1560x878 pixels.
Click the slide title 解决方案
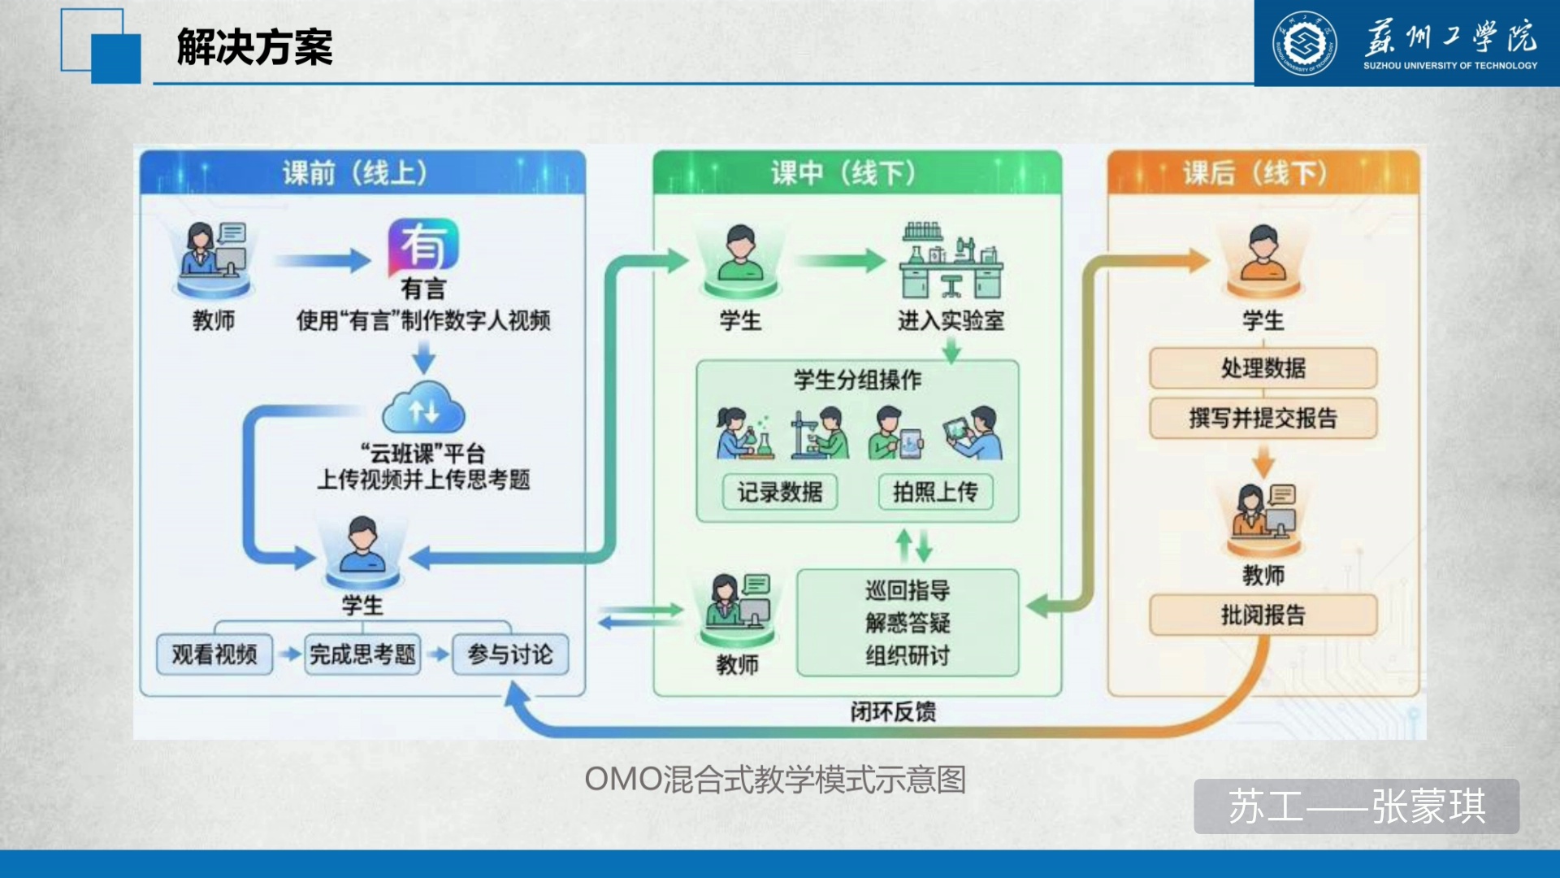254,46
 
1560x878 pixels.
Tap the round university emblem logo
1304,43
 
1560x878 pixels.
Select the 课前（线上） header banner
362,172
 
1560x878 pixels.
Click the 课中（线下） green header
857,172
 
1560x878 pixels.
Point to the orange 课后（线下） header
1263,172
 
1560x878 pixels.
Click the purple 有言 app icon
423,246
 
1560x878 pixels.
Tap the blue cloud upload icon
423,408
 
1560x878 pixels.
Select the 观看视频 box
214,654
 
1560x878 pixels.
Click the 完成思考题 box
362,654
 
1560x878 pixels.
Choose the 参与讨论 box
510,654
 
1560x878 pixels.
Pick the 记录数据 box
780,492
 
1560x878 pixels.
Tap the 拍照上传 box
936,492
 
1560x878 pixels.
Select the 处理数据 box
1263,368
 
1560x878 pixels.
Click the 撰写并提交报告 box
1263,419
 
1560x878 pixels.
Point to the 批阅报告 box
1263,615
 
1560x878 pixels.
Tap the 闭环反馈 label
893,712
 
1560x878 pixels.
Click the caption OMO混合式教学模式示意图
775,780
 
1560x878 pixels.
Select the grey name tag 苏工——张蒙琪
1357,806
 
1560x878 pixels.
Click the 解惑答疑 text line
908,624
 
